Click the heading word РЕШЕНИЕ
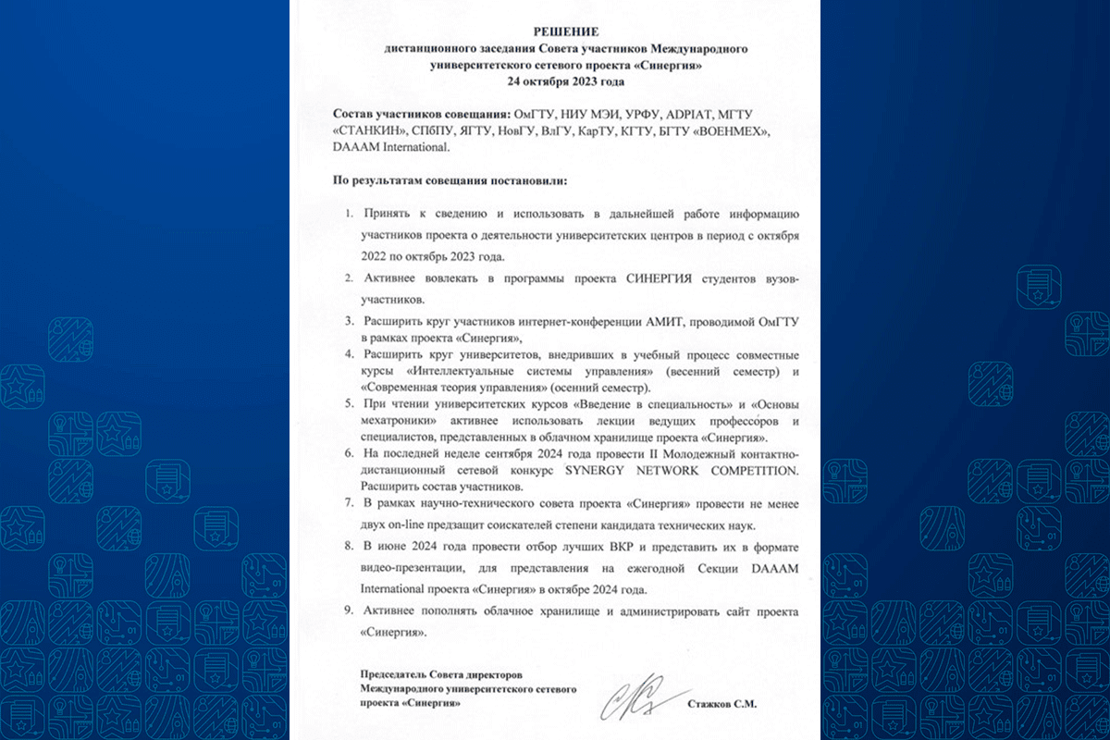(x=555, y=31)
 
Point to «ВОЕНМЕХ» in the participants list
(x=734, y=130)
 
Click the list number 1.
(x=349, y=215)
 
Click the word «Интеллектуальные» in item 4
(x=453, y=371)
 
